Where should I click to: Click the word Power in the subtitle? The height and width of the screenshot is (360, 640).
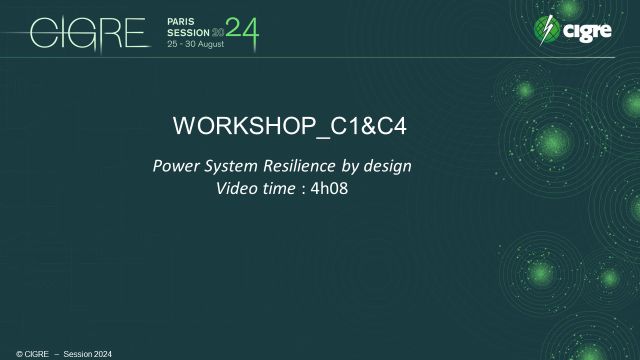(x=172, y=165)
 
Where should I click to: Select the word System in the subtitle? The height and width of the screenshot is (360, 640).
(x=226, y=165)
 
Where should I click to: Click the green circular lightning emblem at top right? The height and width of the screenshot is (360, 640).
(x=549, y=30)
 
